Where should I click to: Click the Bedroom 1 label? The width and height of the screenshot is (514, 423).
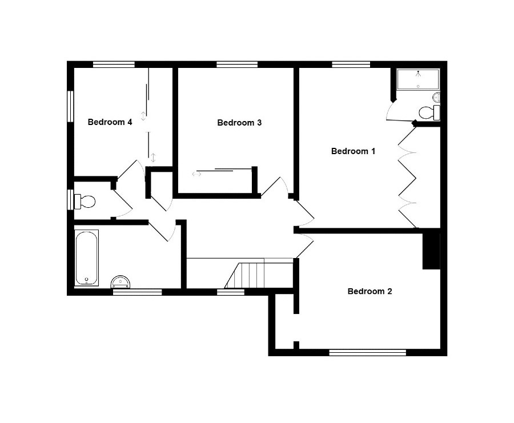(x=353, y=151)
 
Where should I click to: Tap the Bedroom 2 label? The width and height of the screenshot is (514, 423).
(x=370, y=291)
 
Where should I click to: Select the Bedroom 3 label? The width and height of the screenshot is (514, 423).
(x=239, y=123)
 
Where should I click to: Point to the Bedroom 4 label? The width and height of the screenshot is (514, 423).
(x=110, y=122)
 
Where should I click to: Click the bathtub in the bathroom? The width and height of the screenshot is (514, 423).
(x=87, y=258)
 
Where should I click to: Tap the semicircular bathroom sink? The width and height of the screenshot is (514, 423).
(x=121, y=282)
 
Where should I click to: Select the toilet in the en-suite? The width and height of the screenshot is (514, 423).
(x=429, y=112)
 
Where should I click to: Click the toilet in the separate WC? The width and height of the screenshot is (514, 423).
(x=85, y=202)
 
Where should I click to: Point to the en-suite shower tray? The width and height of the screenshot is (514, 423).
(x=418, y=79)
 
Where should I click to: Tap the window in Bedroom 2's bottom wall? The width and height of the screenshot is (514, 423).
(x=367, y=353)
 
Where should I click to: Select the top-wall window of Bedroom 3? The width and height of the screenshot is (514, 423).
(x=237, y=64)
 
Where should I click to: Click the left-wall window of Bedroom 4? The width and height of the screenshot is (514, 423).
(x=70, y=106)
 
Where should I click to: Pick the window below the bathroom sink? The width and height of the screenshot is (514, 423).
(x=137, y=292)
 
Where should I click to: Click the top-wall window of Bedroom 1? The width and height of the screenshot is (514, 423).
(x=351, y=64)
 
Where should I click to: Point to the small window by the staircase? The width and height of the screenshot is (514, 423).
(x=231, y=292)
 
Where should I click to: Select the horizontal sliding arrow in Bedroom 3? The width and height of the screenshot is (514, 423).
(x=196, y=174)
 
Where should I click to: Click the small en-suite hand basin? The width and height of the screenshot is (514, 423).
(x=436, y=97)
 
